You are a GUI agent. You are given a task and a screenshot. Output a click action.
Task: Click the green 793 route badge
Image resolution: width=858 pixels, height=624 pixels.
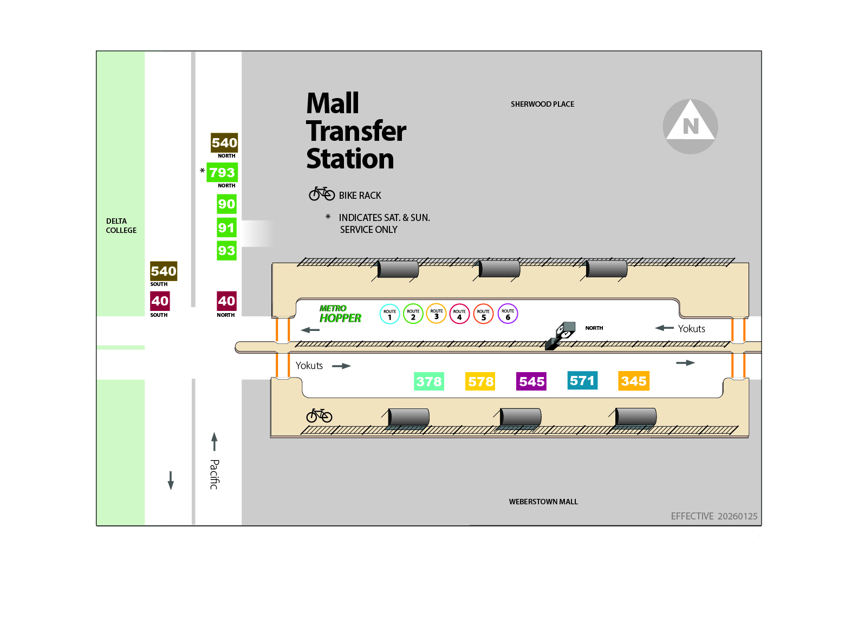click(x=222, y=173)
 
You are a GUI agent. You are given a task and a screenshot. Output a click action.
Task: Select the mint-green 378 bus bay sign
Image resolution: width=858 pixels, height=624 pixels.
click(x=429, y=381)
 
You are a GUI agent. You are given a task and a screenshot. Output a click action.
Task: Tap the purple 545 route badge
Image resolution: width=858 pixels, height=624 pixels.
click(x=531, y=381)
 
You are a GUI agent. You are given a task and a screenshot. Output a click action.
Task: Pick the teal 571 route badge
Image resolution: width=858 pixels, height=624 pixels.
click(x=582, y=380)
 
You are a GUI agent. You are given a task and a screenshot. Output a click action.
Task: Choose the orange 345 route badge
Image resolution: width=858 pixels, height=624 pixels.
click(x=634, y=381)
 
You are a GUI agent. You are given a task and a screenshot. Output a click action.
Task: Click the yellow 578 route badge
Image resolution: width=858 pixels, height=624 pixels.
click(x=480, y=381)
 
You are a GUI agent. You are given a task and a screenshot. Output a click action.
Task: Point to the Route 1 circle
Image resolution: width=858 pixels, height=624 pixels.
click(x=389, y=314)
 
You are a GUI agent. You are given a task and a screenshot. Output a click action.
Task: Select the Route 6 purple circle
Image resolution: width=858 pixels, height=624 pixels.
click(x=508, y=314)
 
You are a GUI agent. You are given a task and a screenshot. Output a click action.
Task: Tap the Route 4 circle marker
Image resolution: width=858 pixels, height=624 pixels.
click(x=459, y=314)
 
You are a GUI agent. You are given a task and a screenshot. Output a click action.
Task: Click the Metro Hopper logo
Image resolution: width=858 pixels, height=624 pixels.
click(x=340, y=314)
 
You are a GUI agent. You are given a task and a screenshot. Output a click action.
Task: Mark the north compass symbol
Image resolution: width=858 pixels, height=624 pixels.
click(x=690, y=126)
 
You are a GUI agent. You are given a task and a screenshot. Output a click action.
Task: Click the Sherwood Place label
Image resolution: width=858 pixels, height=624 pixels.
click(x=542, y=104)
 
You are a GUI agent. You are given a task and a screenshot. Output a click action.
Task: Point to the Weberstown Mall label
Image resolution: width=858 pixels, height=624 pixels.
click(x=543, y=502)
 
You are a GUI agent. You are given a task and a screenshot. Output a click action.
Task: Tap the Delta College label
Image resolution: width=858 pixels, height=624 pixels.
click(x=121, y=225)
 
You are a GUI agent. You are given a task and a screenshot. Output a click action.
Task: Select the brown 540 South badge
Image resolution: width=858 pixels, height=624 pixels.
click(x=164, y=271)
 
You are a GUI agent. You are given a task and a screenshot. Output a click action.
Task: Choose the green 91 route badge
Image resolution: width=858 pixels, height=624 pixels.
click(x=226, y=227)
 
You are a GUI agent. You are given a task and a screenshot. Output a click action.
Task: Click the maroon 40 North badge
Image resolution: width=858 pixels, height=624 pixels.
click(x=226, y=301)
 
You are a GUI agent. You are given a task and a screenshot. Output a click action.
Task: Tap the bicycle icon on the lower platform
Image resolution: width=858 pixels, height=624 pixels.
click(x=319, y=415)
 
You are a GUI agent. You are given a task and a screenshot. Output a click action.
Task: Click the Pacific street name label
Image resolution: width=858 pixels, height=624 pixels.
click(x=214, y=474)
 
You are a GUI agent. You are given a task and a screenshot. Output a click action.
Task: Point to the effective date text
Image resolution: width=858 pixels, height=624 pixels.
click(x=714, y=516)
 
